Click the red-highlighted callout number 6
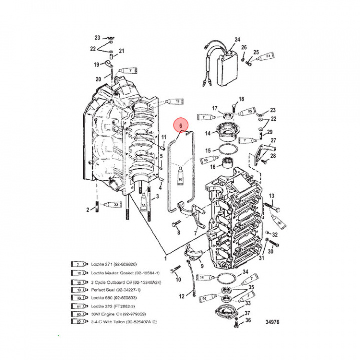180,127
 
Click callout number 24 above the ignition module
237,39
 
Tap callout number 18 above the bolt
241,99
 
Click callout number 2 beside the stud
88,210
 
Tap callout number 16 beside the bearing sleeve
212,167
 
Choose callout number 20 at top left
98,79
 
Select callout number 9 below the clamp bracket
202,266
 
